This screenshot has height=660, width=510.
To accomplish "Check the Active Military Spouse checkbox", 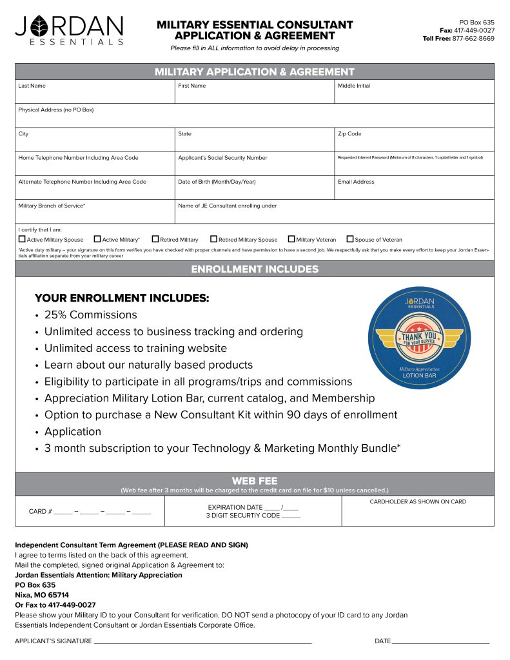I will click(22, 239).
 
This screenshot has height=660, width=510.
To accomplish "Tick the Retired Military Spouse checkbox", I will click(214, 239).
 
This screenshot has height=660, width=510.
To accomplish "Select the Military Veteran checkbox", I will click(291, 239).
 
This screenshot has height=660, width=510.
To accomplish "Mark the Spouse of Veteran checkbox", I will click(350, 239).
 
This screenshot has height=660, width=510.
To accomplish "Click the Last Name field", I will click(95, 94).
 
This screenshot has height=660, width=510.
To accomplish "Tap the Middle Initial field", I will click(414, 94).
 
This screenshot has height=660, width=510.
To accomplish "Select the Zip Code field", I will click(414, 142).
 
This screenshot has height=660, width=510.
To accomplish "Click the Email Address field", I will click(414, 190).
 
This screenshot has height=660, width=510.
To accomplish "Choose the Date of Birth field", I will click(255, 190).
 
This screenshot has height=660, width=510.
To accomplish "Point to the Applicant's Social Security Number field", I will click(255, 166).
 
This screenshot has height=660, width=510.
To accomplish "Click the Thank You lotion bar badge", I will click(419, 338).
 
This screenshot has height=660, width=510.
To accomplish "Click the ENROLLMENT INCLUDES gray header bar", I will click(255, 269).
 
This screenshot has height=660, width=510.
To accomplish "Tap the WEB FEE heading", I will click(255, 480).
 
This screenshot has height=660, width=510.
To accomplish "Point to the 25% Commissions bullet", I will click(90, 315).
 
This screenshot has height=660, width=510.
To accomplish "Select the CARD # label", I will click(40, 512).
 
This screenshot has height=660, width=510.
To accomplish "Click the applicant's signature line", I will click(202, 641).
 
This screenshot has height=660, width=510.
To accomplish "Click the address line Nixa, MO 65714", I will click(42, 595).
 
